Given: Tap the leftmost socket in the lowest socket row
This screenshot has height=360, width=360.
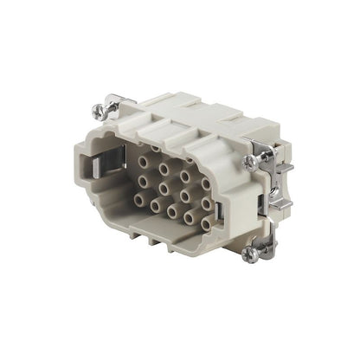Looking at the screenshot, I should coord(141,200).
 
